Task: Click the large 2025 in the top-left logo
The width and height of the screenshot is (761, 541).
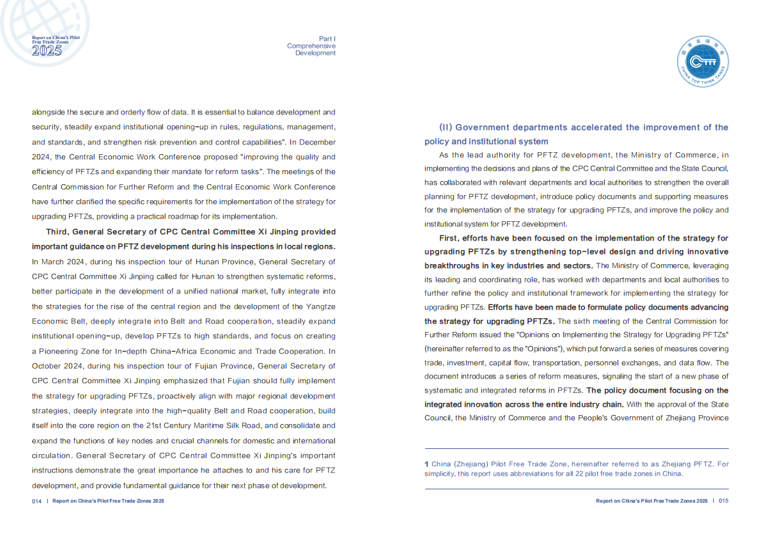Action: [x=47, y=51]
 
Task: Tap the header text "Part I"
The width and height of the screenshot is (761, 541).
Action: [x=327, y=39]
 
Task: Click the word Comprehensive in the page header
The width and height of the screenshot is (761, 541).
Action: [x=311, y=46]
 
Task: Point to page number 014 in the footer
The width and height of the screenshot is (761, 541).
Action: [x=36, y=501]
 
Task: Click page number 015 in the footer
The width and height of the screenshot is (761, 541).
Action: [x=723, y=501]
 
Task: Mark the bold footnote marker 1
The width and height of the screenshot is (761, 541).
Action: [x=427, y=464]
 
